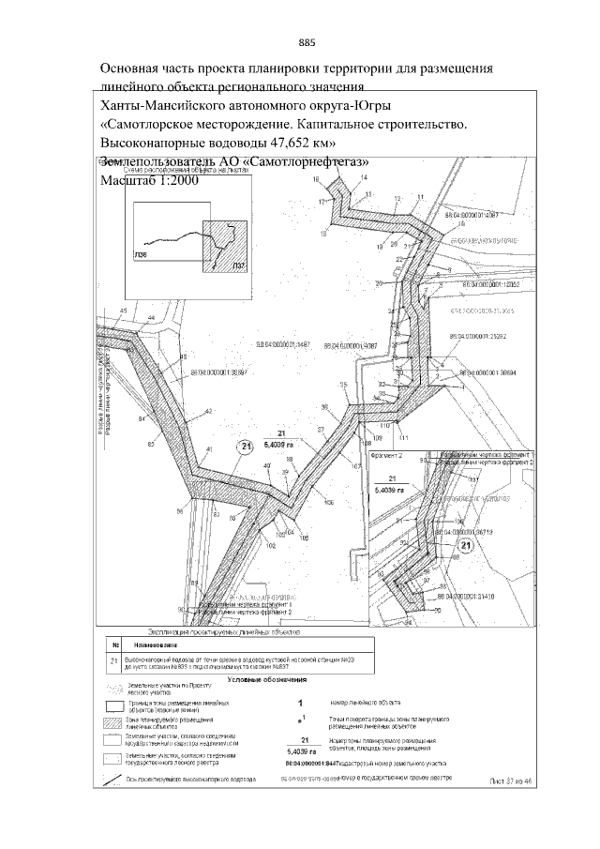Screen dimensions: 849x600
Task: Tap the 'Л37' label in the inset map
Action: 239,267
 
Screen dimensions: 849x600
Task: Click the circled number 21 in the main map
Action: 247,447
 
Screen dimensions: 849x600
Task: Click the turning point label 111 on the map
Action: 404,439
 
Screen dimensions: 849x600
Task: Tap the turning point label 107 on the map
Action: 356,466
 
